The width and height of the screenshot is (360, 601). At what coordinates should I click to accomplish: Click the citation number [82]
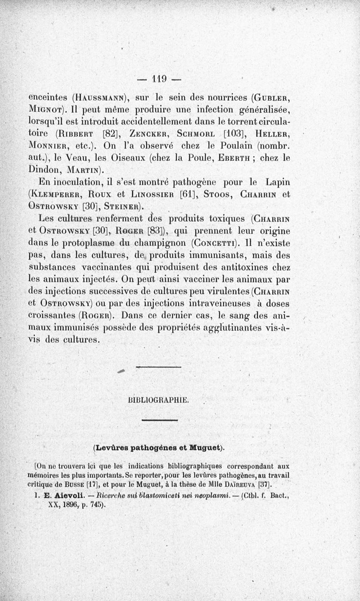110,134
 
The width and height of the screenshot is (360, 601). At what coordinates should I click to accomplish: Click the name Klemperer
57,195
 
